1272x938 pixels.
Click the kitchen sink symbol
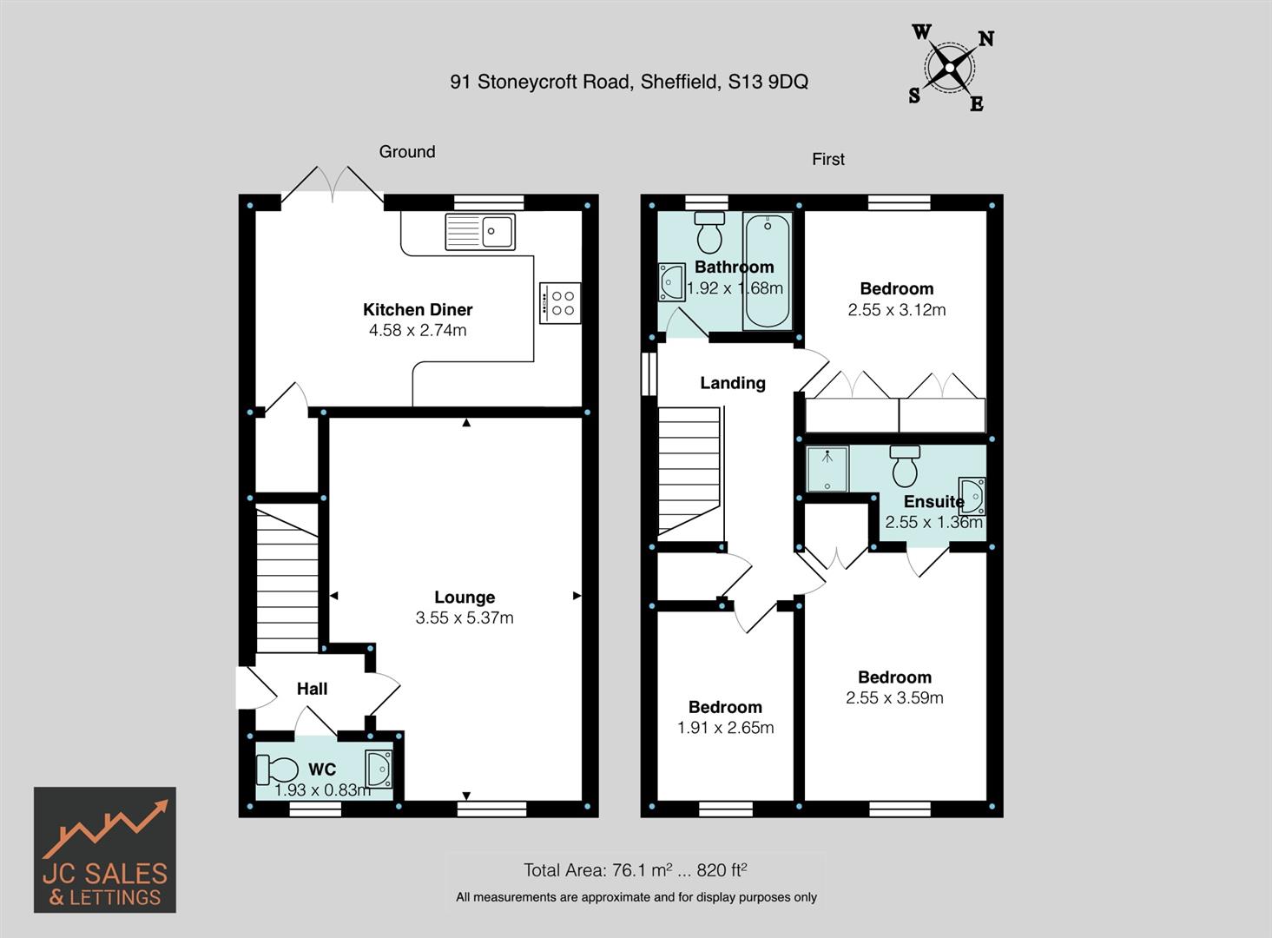coord(480,231)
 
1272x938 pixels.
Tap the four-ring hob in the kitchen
coord(559,303)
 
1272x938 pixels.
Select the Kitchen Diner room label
coord(418,309)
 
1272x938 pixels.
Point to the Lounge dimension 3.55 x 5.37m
coord(465,618)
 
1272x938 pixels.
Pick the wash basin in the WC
coord(379,769)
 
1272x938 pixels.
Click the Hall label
coord(312,689)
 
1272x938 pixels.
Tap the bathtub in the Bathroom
coord(767,270)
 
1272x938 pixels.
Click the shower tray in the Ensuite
coord(827,469)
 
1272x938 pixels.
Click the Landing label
coord(733,383)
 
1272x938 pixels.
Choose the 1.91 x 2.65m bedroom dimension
coord(725,728)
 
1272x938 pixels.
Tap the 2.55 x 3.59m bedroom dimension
coord(894,697)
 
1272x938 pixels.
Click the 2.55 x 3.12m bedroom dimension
coord(897,310)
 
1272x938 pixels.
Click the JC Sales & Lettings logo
coord(105,849)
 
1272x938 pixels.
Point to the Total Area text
coord(635,869)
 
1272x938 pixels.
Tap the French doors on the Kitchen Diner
coord(333,186)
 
